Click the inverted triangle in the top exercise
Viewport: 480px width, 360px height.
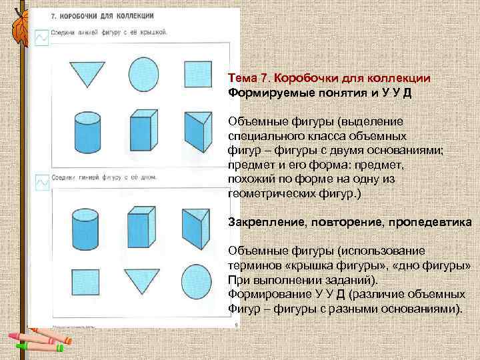click(x=87, y=72)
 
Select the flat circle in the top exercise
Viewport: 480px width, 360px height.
click(x=143, y=72)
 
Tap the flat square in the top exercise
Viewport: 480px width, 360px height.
click(x=198, y=72)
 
